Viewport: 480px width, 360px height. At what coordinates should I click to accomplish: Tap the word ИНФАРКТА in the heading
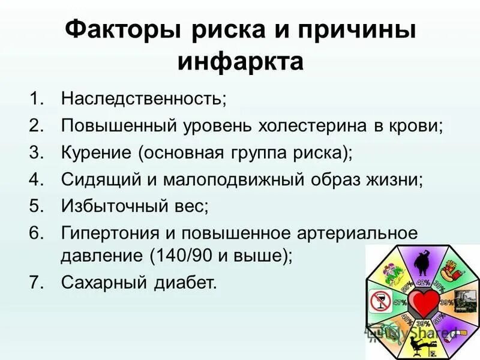pos(240,61)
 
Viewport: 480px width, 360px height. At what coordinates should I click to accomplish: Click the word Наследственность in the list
pos(143,98)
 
